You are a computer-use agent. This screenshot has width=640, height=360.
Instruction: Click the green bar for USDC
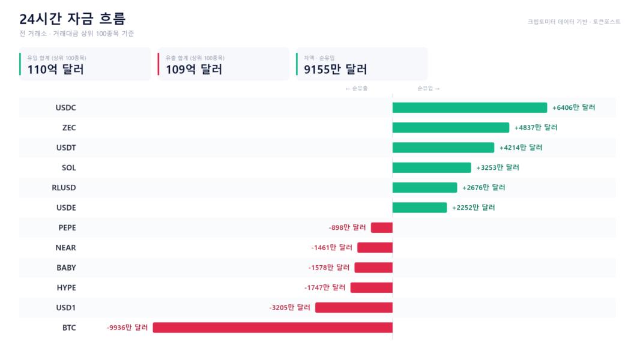coord(469,107)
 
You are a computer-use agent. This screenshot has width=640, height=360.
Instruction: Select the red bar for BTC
coord(273,328)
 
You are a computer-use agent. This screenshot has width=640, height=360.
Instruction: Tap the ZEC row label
coord(69,128)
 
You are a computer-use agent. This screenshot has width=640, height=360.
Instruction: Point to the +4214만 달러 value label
coord(521,148)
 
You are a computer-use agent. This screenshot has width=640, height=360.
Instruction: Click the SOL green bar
coord(432,167)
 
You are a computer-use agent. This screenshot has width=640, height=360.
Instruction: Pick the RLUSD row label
coord(64,188)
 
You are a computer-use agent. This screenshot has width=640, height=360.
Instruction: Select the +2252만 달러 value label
coord(474,208)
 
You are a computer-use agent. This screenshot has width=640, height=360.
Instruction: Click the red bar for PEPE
coord(382,227)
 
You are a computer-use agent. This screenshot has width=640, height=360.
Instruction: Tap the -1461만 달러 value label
coord(331,247)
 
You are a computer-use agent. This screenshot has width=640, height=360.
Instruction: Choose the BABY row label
coord(66,268)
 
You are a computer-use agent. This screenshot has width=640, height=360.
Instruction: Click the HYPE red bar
coord(372,287)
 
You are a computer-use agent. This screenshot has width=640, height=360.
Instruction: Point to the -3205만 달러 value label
coord(289,307)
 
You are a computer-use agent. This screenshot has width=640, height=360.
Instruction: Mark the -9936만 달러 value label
coord(127,328)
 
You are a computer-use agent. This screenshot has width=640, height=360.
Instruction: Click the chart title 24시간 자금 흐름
coord(72,19)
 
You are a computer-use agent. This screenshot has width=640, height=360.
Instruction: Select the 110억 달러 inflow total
coord(55,70)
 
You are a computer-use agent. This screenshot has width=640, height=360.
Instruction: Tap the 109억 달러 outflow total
coord(194,70)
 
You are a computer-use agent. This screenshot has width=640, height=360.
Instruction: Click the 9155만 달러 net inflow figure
coord(336,70)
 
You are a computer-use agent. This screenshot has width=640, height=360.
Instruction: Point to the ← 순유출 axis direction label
coord(357,88)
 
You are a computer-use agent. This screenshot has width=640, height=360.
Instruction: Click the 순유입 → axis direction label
coord(429,88)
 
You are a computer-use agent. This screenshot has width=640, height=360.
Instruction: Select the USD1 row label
coord(65,307)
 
